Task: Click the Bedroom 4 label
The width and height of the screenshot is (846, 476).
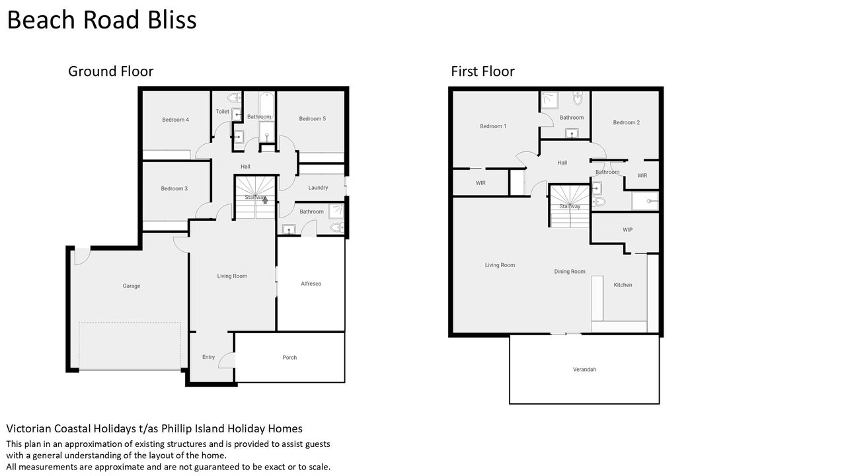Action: (175, 120)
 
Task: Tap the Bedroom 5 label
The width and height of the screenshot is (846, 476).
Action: (313, 118)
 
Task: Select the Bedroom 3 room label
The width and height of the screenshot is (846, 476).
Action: (174, 188)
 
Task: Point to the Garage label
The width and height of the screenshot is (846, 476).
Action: (132, 286)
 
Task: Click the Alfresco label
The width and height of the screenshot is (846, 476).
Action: (311, 284)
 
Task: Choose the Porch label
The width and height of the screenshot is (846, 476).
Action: (289, 358)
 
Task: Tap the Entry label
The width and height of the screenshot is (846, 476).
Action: (208, 357)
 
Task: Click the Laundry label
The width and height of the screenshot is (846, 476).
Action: (318, 187)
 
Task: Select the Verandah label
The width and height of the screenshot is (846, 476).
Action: (584, 370)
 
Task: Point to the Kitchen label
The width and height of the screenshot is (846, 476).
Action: (623, 285)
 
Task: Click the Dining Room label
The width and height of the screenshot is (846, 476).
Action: (570, 272)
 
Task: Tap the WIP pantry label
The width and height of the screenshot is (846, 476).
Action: (627, 229)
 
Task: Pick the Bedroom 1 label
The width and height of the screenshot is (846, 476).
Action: (493, 126)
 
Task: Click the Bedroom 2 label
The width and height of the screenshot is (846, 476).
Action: (626, 122)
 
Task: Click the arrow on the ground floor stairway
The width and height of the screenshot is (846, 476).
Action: (265, 200)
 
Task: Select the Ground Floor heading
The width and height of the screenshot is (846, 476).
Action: (110, 71)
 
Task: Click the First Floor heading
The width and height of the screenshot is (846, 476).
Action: (482, 71)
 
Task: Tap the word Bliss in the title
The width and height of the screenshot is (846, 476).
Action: (172, 20)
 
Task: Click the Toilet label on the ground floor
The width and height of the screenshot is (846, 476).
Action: (223, 112)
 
